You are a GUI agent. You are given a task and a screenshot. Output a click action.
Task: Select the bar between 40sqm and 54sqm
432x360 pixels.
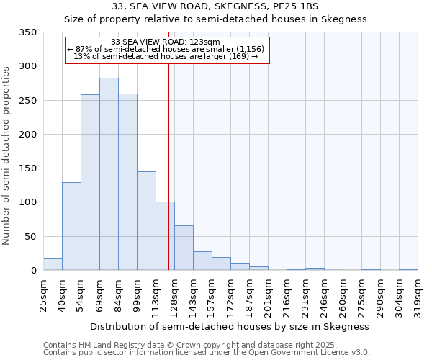[71, 226]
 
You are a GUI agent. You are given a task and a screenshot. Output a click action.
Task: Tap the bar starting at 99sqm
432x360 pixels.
[146, 220]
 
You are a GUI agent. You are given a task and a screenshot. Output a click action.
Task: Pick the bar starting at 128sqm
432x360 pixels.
[184, 248]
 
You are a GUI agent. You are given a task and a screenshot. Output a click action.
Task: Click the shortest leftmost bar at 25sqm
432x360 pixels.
[53, 264]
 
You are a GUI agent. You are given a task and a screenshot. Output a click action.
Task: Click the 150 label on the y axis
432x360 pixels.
[27, 168]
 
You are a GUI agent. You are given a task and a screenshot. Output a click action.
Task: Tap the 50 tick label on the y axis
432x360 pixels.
[30, 236]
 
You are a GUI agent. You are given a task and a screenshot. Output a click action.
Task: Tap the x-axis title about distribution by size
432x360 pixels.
[230, 326]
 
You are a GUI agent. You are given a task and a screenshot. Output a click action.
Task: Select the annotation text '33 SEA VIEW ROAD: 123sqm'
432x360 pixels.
[166, 42]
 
